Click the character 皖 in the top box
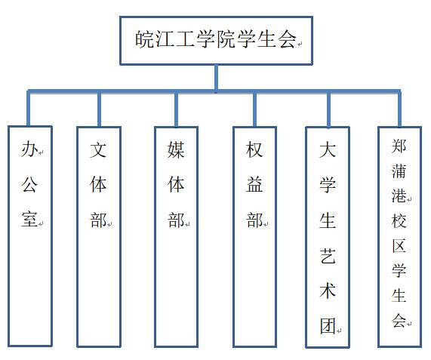(x=144, y=39)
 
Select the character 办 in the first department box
(x=29, y=149)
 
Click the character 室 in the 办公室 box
(x=29, y=219)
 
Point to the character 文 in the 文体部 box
(x=98, y=149)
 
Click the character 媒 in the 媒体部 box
(x=176, y=149)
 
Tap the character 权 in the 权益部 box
(x=254, y=149)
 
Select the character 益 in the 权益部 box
(x=254, y=184)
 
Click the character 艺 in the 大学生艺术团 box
(x=328, y=255)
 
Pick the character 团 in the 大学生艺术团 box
(x=328, y=326)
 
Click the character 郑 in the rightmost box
(x=399, y=146)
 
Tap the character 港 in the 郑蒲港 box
(x=399, y=195)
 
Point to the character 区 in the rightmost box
(x=399, y=246)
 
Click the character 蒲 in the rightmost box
(x=399, y=171)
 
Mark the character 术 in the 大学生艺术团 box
(x=328, y=291)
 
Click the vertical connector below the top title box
(x=217, y=78)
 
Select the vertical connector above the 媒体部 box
(x=176, y=109)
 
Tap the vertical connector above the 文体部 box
(x=99, y=109)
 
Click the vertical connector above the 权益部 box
(x=255, y=109)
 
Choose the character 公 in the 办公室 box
(x=29, y=184)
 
